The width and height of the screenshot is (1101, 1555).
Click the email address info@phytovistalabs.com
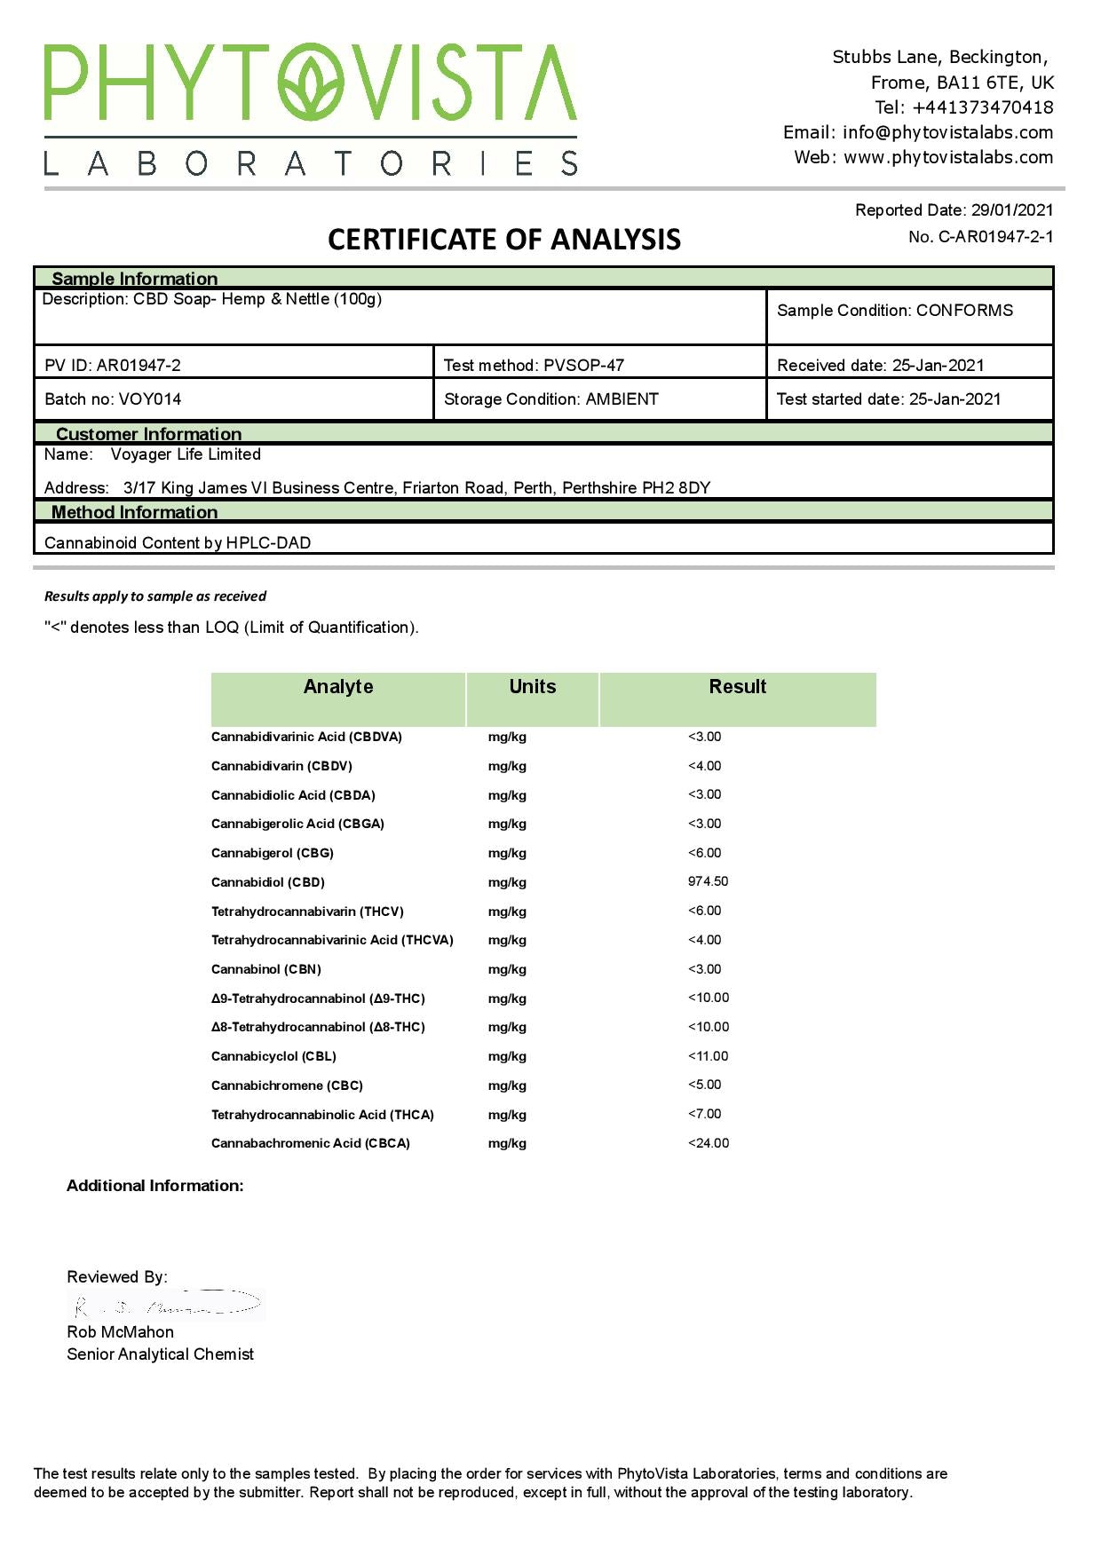[947, 132]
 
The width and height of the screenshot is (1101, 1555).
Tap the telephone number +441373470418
[983, 107]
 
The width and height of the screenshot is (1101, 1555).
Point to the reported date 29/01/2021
[1012, 210]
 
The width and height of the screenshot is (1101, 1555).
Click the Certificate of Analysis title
[504, 240]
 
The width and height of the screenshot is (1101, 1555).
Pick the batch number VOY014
[150, 399]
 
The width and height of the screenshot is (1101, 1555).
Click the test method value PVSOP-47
[584, 366]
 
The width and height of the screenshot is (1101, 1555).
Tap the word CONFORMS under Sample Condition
[964, 311]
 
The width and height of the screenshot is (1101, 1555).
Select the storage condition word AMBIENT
[622, 399]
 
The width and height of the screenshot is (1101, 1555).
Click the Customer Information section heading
[148, 434]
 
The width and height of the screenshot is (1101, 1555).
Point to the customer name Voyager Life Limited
[186, 454]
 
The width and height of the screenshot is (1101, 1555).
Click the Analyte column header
[338, 687]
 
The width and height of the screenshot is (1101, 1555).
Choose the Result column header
[737, 687]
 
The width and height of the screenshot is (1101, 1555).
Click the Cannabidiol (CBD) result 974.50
[708, 881]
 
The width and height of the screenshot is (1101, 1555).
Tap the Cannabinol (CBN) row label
[266, 969]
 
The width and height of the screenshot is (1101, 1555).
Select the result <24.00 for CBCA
[709, 1143]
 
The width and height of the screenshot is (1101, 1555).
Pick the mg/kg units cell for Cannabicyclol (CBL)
[507, 1056]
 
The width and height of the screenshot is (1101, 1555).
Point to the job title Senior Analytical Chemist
[160, 1354]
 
